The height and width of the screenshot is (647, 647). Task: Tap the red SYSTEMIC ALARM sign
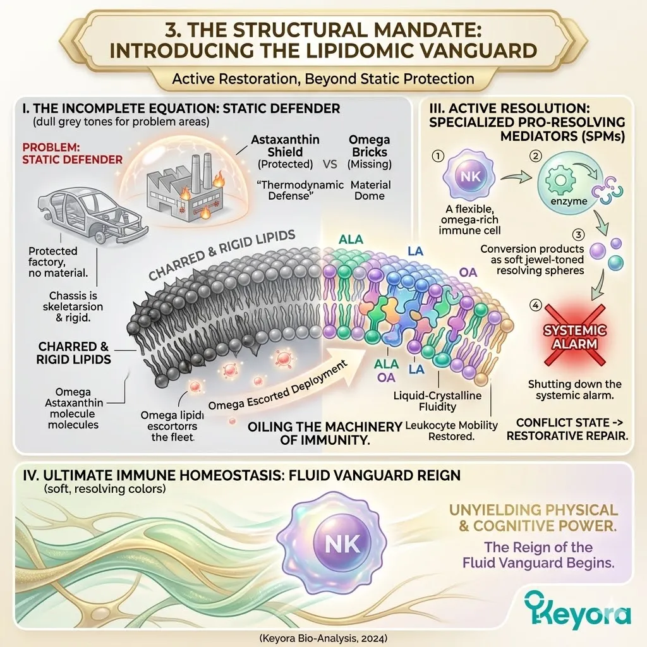coord(575,336)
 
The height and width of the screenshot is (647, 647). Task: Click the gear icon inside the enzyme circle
coord(560,180)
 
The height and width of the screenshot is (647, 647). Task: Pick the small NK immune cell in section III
coord(470,176)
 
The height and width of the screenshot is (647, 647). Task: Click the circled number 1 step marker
coord(437,156)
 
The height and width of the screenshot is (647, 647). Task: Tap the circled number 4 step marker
coord(535,306)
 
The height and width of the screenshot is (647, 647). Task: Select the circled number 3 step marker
coord(578,235)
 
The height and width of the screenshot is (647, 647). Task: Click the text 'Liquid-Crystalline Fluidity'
coord(437,401)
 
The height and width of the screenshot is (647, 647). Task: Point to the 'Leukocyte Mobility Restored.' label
coord(451,430)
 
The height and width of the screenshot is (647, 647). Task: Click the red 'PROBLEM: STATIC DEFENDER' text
coord(72,154)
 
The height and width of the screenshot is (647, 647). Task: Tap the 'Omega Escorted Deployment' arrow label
coord(278,386)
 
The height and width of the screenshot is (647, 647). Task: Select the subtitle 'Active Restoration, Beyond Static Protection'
coord(323,79)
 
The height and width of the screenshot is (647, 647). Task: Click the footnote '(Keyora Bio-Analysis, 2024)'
coord(323,638)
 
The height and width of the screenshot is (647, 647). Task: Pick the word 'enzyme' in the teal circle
coord(569,202)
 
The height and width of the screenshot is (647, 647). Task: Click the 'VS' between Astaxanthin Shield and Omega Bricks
coord(330,164)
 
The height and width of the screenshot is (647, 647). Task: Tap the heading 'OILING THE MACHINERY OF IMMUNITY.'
coord(325,433)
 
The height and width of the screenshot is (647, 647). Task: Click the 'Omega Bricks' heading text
coord(369,146)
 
